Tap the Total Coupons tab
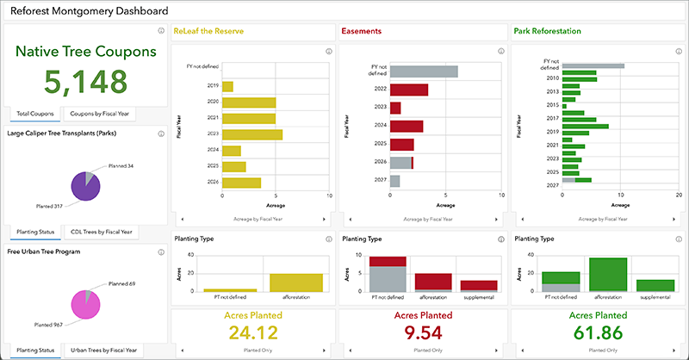click(36, 113)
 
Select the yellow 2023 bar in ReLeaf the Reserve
click(252, 134)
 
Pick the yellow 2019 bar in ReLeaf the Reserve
click(227, 86)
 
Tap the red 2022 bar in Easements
click(409, 90)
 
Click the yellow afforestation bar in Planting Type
click(295, 283)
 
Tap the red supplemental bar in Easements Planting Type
click(478, 286)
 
